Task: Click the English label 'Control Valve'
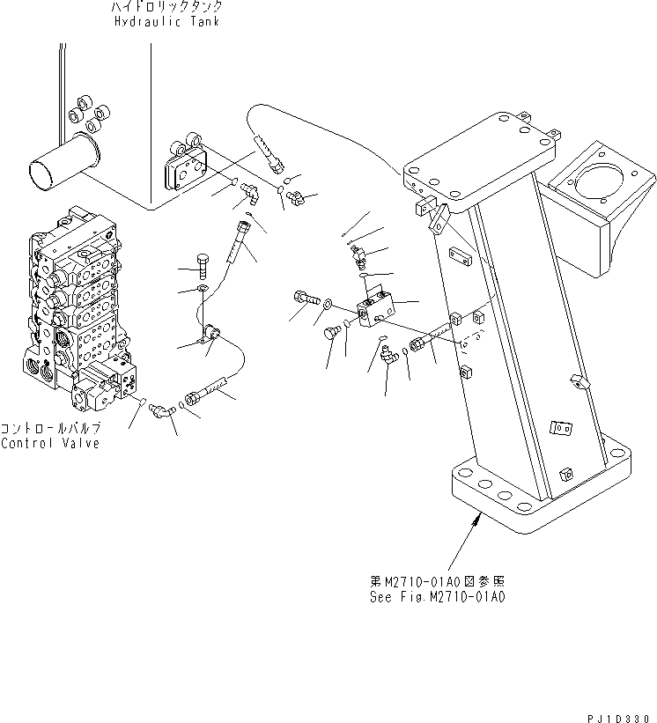coord(50,443)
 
